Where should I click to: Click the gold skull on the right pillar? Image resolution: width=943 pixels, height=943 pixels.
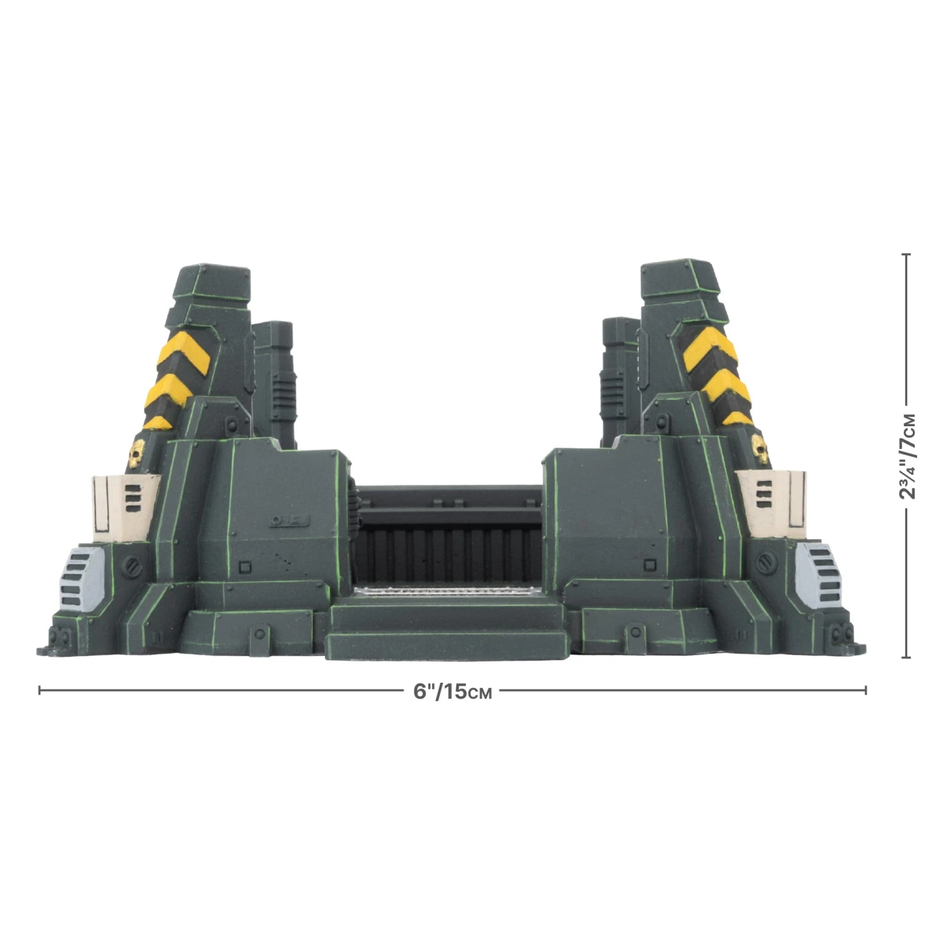click(761, 449)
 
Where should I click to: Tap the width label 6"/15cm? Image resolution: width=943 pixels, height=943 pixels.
click(453, 692)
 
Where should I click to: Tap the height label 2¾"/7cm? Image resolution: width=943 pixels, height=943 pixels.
click(907, 456)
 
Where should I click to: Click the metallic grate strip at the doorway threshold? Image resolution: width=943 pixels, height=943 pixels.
click(446, 591)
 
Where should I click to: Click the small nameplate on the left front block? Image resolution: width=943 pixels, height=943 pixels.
click(289, 521)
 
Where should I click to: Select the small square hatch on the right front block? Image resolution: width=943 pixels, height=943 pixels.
click(651, 564)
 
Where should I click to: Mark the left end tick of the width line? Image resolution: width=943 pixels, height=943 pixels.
click(40, 690)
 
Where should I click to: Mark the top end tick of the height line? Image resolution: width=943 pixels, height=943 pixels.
click(906, 255)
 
